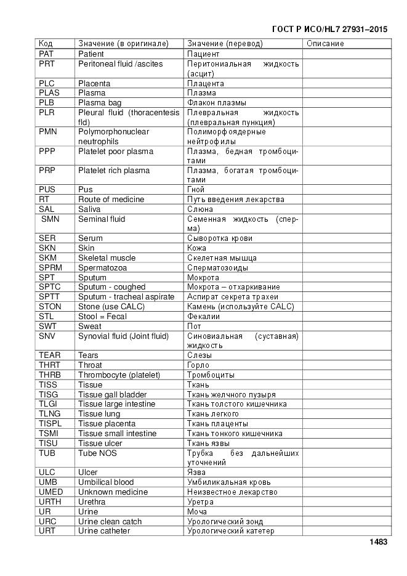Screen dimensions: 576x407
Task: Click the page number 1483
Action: [x=378, y=542]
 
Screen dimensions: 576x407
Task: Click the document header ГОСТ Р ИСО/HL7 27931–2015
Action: [x=329, y=29]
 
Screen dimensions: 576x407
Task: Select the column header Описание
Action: [x=324, y=44]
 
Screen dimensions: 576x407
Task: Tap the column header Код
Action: [x=46, y=44]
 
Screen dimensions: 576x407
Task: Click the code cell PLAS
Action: [x=49, y=93]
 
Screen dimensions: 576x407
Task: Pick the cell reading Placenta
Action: [x=94, y=83]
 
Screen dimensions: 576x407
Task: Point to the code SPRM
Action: [x=50, y=267]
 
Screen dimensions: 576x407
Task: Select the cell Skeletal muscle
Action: [x=107, y=258]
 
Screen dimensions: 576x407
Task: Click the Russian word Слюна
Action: [x=200, y=209]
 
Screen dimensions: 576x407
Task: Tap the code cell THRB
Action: [x=50, y=375]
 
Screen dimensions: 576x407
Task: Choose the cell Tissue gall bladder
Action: [x=112, y=394]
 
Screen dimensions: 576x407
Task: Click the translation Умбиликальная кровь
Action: [x=229, y=482]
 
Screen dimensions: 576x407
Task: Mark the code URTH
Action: [x=50, y=502]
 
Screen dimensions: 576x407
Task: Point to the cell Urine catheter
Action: [x=104, y=531]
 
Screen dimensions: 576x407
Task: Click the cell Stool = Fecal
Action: [x=102, y=316]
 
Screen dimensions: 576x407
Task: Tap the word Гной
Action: [x=196, y=190]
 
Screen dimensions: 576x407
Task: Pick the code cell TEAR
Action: [x=49, y=355]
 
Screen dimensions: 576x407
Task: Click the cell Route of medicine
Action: [x=111, y=200]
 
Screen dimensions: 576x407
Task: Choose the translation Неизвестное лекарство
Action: [x=232, y=492]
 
